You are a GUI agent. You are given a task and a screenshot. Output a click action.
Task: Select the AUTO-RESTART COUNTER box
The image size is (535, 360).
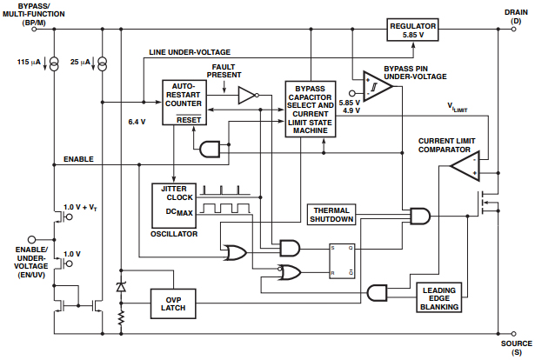point(183,103)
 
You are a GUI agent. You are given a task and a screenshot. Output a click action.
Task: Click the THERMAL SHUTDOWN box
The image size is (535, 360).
point(334,213)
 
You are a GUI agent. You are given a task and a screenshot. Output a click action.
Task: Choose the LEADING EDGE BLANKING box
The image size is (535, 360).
point(439,297)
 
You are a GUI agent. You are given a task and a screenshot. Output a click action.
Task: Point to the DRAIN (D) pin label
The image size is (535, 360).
point(512,17)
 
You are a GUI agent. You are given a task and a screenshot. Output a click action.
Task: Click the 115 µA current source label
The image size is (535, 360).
point(29,63)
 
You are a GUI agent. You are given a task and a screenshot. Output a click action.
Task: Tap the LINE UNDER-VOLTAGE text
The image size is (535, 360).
point(189,52)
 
